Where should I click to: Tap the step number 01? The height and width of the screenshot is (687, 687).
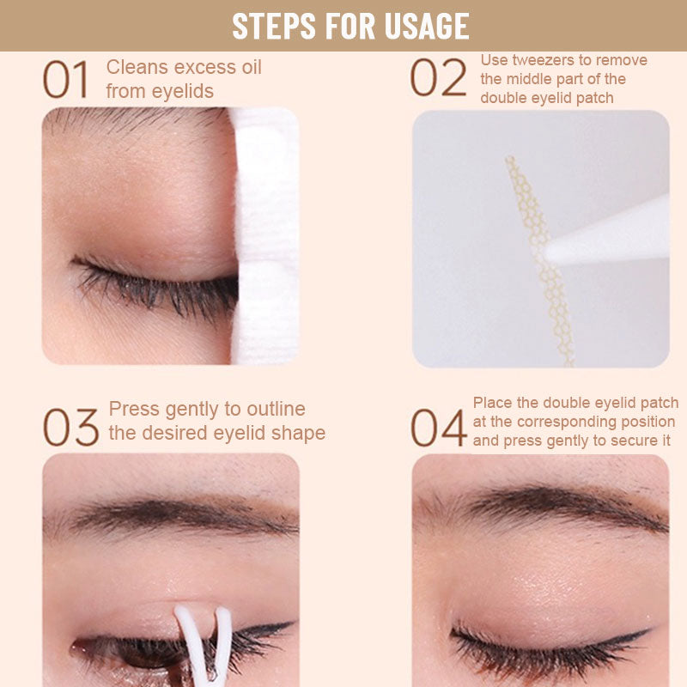tap(66, 80)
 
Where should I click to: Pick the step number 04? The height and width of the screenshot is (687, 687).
tap(438, 427)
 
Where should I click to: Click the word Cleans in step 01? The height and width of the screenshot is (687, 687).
tap(135, 68)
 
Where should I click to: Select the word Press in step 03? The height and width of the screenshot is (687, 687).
tap(134, 409)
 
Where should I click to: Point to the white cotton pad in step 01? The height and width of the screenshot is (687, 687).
tap(265, 232)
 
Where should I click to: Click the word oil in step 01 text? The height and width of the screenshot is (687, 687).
tap(246, 68)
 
